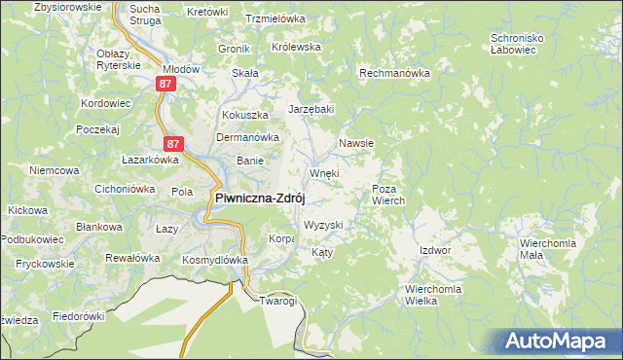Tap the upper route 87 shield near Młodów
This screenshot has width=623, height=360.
point(165,85)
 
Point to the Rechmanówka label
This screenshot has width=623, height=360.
point(394,73)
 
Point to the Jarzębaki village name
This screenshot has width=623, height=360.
point(311,108)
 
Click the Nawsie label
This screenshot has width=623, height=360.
point(356,143)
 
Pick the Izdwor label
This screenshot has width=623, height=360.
point(435,250)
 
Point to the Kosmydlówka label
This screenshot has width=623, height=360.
point(215,260)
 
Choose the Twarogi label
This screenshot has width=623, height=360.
point(277,301)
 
